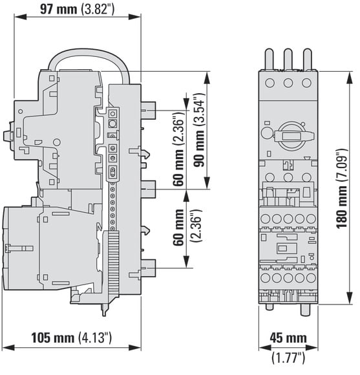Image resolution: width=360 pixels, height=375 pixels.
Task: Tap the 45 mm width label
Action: point(288,338)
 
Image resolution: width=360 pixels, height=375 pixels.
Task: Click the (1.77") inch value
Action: point(288,358)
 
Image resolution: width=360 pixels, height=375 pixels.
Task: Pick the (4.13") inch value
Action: point(95,337)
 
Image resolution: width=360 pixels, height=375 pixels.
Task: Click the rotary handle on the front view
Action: point(293,136)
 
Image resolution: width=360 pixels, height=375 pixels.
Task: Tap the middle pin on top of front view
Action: point(288,59)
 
